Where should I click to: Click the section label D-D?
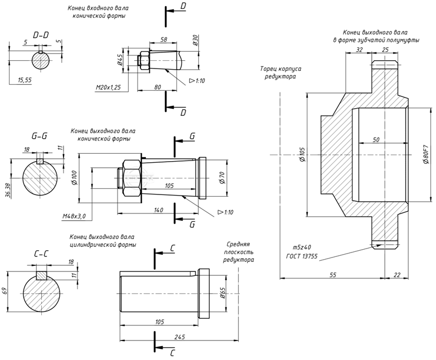click(41, 35)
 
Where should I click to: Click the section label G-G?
click(39, 137)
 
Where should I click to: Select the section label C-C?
click(41, 254)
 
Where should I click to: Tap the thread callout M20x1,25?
click(109, 87)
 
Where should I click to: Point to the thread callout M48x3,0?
click(74, 216)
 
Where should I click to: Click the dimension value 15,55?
click(25, 80)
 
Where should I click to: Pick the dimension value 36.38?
click(8, 191)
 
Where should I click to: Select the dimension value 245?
click(179, 337)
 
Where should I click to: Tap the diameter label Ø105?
click(302, 154)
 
